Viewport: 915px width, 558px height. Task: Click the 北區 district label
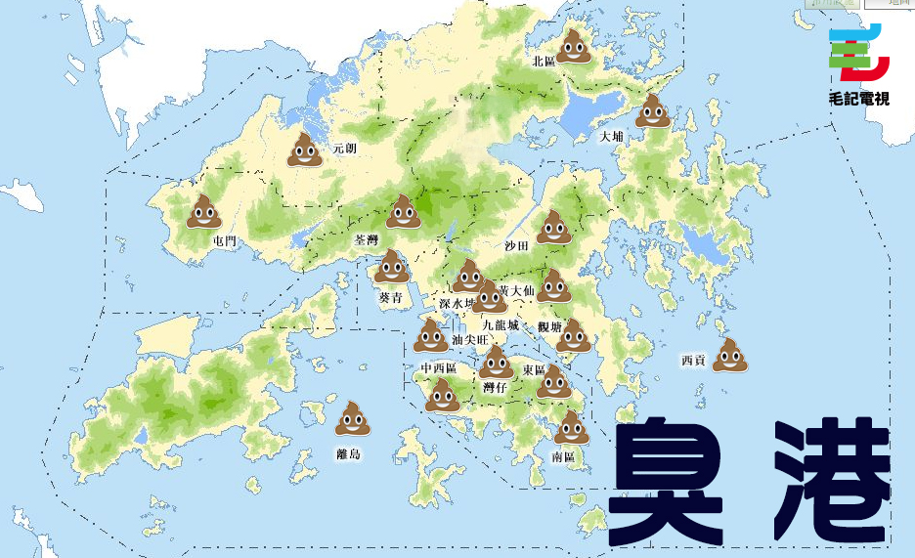[x=544, y=61]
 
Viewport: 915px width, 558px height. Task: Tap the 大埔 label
[x=611, y=137]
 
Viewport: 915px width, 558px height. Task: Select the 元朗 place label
[x=344, y=149]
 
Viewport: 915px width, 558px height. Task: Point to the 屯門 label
[x=224, y=240]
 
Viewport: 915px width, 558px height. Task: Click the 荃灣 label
[x=366, y=239]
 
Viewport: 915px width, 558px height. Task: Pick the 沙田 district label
[x=516, y=245]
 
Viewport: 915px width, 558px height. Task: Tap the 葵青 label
[x=391, y=297]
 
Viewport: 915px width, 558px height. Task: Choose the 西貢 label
[x=693, y=361]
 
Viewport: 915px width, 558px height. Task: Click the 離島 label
[x=348, y=453]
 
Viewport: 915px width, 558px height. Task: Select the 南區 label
[x=564, y=456]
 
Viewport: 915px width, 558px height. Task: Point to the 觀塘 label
[x=549, y=326]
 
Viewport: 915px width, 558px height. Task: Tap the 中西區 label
[x=439, y=368]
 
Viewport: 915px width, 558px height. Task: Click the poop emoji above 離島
[x=352, y=417]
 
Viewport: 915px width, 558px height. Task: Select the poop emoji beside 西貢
[x=729, y=355]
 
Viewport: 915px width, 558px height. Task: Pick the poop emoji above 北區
[x=574, y=45]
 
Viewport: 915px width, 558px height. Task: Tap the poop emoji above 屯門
[x=204, y=211]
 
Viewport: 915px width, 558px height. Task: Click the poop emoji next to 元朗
[x=305, y=149]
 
